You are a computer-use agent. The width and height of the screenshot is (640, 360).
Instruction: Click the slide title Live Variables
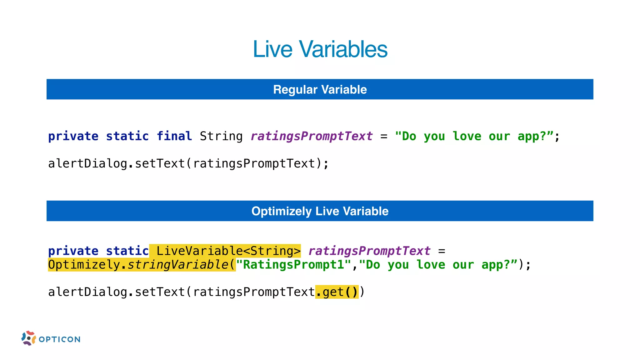320,49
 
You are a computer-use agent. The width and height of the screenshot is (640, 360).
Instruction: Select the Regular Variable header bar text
320,90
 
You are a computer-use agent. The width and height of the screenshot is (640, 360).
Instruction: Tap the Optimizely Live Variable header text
320,211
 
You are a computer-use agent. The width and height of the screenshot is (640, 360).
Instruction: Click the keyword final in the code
174,136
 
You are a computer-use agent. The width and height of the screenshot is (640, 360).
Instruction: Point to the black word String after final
221,136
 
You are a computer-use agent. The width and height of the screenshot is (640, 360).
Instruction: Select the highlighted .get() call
337,292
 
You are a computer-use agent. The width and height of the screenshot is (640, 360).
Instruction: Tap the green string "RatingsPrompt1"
294,265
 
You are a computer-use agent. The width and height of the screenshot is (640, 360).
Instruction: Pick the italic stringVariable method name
178,265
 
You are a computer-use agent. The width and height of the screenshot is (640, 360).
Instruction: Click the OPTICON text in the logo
60,339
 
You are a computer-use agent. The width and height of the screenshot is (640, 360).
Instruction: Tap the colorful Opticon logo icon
28,338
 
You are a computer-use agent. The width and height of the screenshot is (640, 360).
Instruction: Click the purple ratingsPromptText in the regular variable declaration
312,136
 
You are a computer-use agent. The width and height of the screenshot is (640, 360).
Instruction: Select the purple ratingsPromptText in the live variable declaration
369,251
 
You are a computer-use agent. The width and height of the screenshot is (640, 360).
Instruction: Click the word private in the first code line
73,136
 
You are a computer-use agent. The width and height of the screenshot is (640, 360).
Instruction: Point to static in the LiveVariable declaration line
127,251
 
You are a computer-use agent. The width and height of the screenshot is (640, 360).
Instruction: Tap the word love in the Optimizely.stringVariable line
431,265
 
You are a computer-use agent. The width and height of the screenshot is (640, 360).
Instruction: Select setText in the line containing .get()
160,292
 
